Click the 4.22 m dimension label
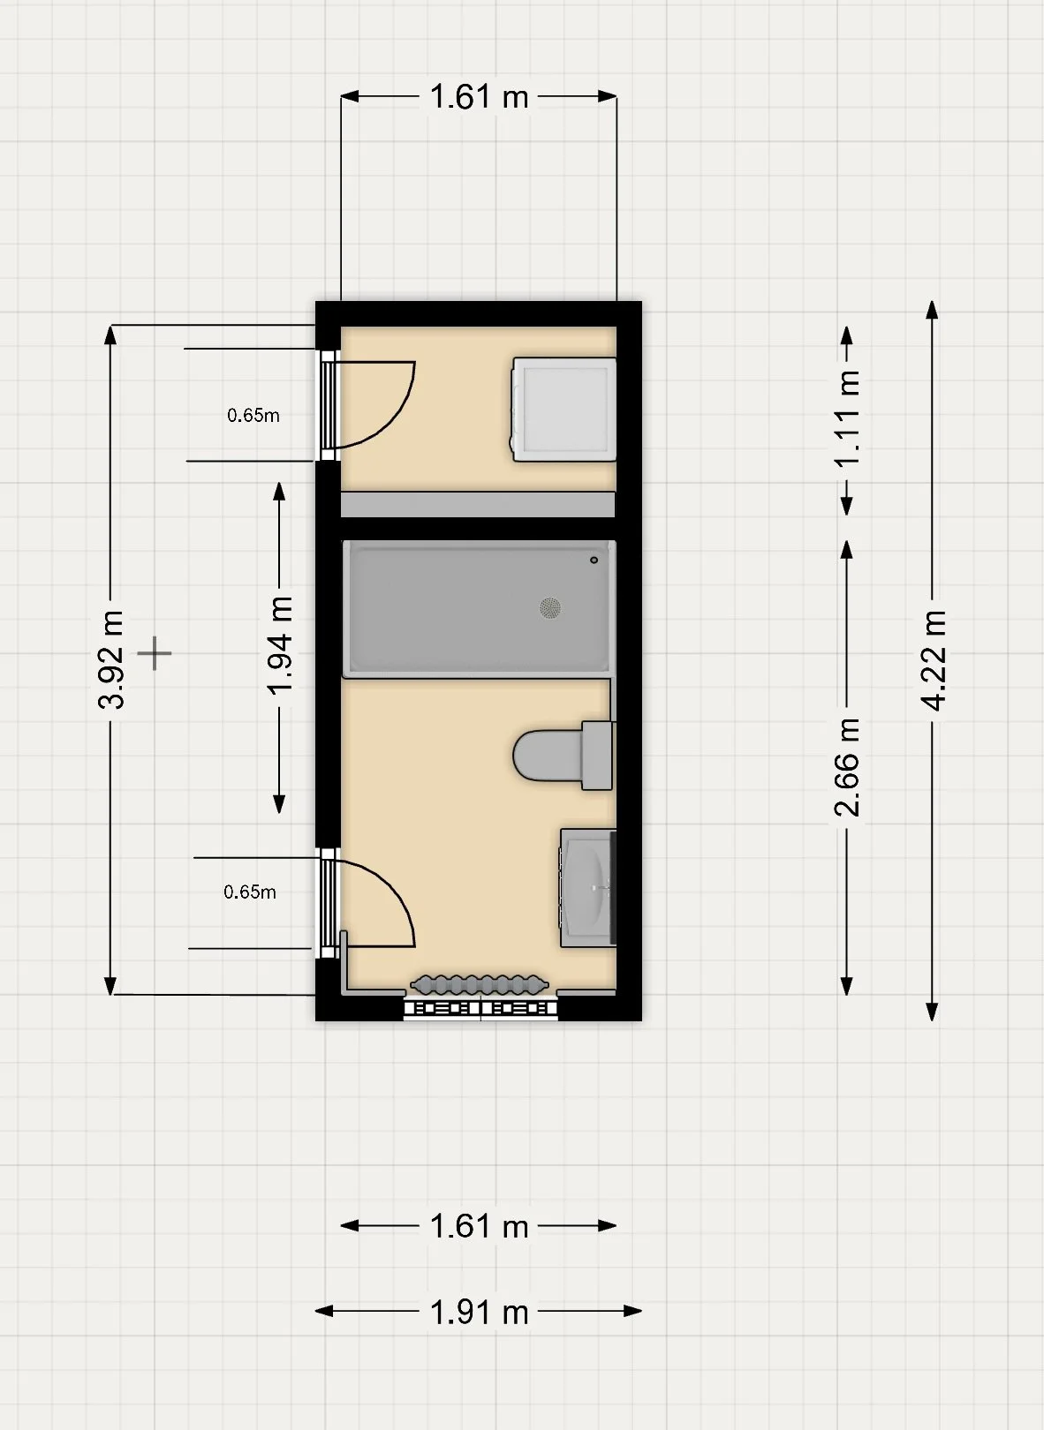933,660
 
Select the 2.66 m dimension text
847,766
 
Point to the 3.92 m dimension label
110,659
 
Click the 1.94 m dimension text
279,645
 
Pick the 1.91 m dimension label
480,1313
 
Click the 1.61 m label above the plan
480,97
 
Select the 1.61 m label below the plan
480,1226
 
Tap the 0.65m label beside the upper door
253,416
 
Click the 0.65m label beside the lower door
250,892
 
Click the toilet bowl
548,756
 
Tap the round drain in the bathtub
550,607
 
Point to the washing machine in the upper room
563,410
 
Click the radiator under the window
480,985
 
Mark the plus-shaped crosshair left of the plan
155,654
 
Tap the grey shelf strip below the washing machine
478,504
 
